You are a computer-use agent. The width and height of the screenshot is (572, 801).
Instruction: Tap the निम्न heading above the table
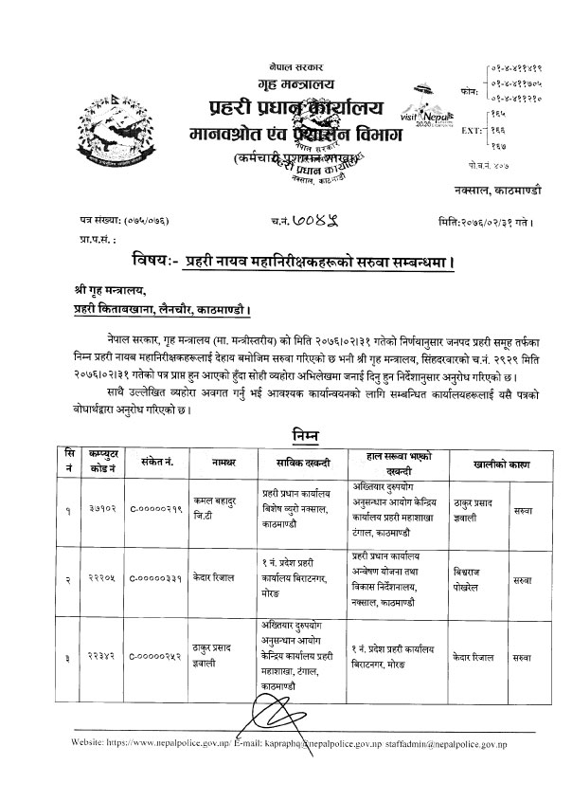[301, 435]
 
